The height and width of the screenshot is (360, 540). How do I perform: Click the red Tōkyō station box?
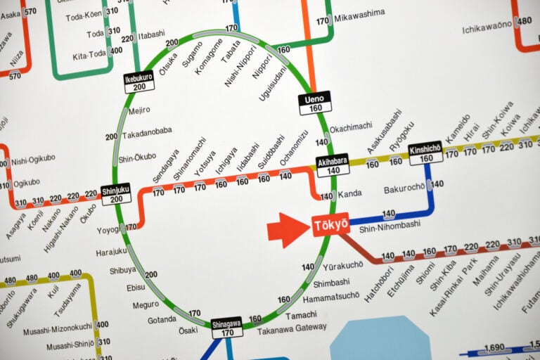point(331,225)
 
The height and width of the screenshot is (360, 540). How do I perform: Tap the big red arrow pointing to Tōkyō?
point(287,230)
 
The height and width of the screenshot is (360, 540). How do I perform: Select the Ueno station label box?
point(314,103)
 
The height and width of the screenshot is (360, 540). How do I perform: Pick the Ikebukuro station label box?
point(139,82)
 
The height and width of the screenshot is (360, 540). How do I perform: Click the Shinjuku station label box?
point(115,193)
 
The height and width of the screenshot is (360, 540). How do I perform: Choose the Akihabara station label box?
point(333,165)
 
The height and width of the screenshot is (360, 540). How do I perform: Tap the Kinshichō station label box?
point(425,153)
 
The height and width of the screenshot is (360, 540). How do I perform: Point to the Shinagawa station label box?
point(226,327)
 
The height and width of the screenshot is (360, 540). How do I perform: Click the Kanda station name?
point(349,194)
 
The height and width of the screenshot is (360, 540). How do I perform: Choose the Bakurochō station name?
point(404,188)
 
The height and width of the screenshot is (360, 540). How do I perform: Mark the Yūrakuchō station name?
point(343,265)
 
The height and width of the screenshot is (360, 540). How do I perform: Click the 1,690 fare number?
point(495,347)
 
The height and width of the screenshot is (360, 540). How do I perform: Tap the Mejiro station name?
point(139,110)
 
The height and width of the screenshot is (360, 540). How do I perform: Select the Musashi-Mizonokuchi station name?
point(58,326)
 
